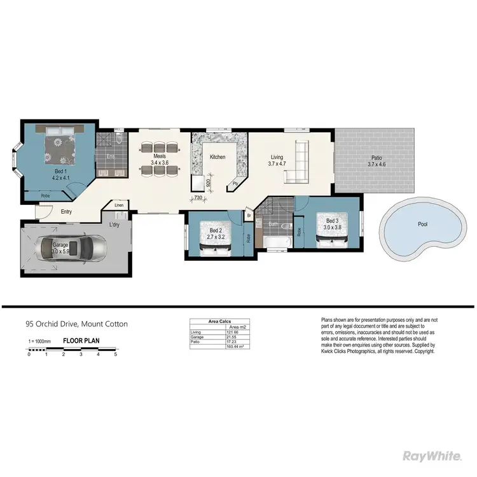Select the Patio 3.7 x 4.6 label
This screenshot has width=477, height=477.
pyautogui.click(x=376, y=161)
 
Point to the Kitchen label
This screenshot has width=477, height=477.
pyautogui.click(x=218, y=157)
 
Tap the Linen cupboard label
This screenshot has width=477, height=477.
pyautogui.click(x=119, y=205)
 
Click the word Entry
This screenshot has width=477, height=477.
pyautogui.click(x=66, y=212)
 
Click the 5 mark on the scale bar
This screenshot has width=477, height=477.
pyautogui.click(x=115, y=354)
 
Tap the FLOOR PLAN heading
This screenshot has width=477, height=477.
pyautogui.click(x=81, y=341)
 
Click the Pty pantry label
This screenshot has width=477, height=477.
pyautogui.click(x=235, y=183)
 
